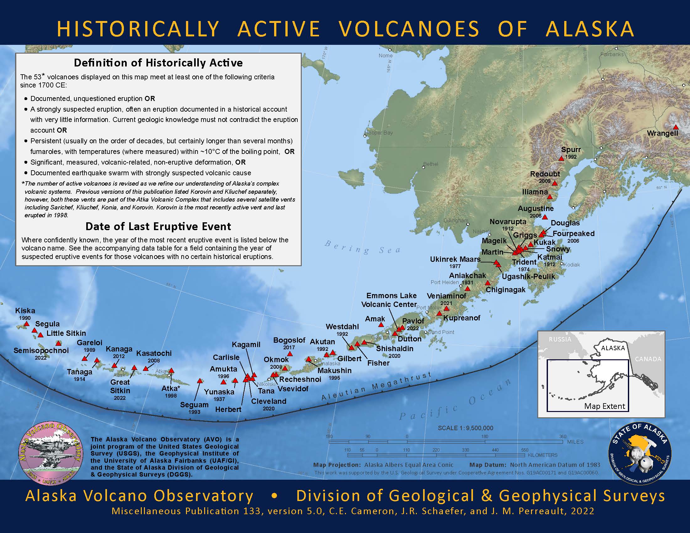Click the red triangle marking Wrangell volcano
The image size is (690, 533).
[x=676, y=127]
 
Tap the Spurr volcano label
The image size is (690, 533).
[x=571, y=150]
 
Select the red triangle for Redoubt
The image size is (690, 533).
[x=555, y=183]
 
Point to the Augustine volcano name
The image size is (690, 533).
[x=535, y=208]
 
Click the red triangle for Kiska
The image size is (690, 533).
[x=27, y=324]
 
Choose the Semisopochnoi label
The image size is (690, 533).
[x=41, y=350]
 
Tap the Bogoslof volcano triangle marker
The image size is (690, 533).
[x=289, y=354]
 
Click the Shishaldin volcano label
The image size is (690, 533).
[x=395, y=349]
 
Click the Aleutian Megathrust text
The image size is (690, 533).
[x=376, y=386]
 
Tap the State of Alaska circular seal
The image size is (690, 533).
[x=640, y=454]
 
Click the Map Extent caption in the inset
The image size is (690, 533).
[x=604, y=406]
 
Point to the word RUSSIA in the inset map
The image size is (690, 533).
[x=560, y=339]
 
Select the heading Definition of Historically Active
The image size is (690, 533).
[x=158, y=63]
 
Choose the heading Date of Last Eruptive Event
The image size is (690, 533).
[x=158, y=226]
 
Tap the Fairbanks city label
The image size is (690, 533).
[x=612, y=54]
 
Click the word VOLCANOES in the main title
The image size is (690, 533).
[x=409, y=29]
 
